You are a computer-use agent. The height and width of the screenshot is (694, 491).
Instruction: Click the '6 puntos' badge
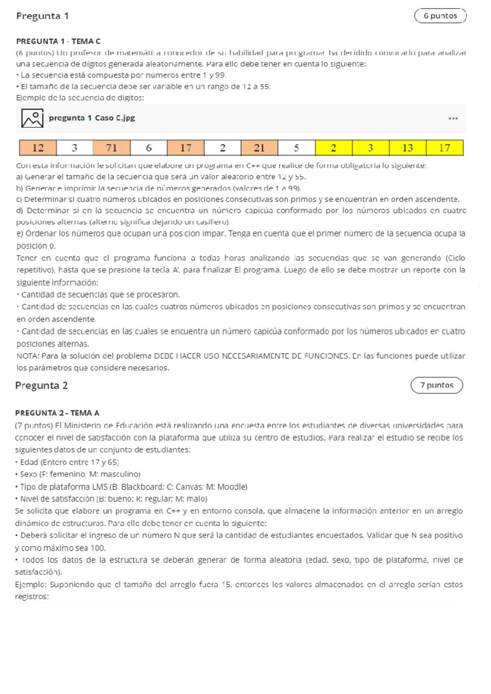[x=440, y=16]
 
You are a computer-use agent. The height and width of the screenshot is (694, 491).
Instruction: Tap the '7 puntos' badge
[x=437, y=385]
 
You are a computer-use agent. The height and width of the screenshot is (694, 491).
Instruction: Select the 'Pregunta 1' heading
[x=42, y=16]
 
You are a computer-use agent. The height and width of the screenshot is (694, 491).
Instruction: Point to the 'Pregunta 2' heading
[x=41, y=385]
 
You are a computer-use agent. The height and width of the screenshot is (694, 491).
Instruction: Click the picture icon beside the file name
[x=32, y=118]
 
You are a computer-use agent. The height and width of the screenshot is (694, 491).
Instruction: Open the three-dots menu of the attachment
[x=453, y=119]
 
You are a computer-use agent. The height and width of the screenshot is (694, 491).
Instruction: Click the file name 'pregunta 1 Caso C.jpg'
[x=92, y=118]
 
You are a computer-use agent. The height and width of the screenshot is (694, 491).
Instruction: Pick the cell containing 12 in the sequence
[x=38, y=148]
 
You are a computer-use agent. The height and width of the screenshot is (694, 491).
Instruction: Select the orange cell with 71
[x=112, y=148]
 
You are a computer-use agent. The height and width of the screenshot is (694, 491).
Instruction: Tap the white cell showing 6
[x=149, y=148]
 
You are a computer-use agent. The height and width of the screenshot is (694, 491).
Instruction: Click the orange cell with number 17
[x=185, y=148]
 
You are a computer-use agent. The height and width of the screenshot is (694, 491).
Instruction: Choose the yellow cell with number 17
[x=445, y=148]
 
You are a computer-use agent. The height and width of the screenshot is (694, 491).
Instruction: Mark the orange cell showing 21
[x=259, y=148]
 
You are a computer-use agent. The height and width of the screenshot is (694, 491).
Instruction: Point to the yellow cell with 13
[x=408, y=148]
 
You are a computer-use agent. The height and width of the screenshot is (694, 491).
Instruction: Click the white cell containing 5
[x=296, y=148]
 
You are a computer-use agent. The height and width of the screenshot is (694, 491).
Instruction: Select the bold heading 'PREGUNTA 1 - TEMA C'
[x=58, y=41]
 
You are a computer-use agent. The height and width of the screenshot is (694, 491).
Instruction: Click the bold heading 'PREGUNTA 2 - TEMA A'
[x=57, y=413]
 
